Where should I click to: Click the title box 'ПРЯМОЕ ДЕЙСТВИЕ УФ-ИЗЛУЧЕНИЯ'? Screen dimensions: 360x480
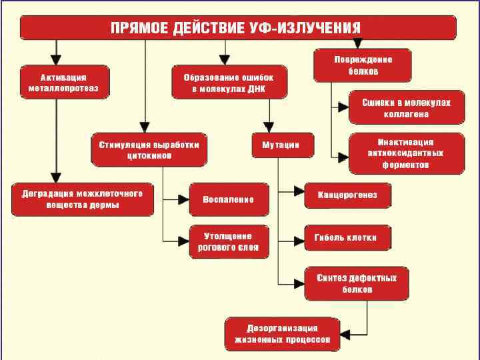click(x=238, y=27)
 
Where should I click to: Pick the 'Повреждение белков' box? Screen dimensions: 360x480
click(x=363, y=65)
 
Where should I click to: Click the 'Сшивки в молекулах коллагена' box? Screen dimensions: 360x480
click(x=406, y=108)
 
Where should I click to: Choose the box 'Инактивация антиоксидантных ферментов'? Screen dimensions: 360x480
click(x=406, y=153)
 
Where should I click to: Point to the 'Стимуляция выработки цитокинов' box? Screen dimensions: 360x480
click(x=149, y=149)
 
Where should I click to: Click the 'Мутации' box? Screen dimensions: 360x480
click(x=275, y=145)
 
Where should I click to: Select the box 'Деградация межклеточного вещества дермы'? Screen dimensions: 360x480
click(x=82, y=199)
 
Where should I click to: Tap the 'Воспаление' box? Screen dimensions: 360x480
click(x=229, y=199)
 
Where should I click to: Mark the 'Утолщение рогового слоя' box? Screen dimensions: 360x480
click(x=229, y=241)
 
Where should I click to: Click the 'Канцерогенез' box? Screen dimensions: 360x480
click(x=347, y=195)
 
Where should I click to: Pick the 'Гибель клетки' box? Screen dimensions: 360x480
click(x=347, y=237)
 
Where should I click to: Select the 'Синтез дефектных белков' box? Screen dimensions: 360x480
click(x=357, y=283)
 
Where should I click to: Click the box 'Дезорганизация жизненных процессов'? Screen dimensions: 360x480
click(x=282, y=333)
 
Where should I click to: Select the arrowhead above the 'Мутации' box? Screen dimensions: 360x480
click(x=269, y=129)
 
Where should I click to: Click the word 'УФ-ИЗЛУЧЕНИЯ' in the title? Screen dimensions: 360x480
click(x=311, y=27)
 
